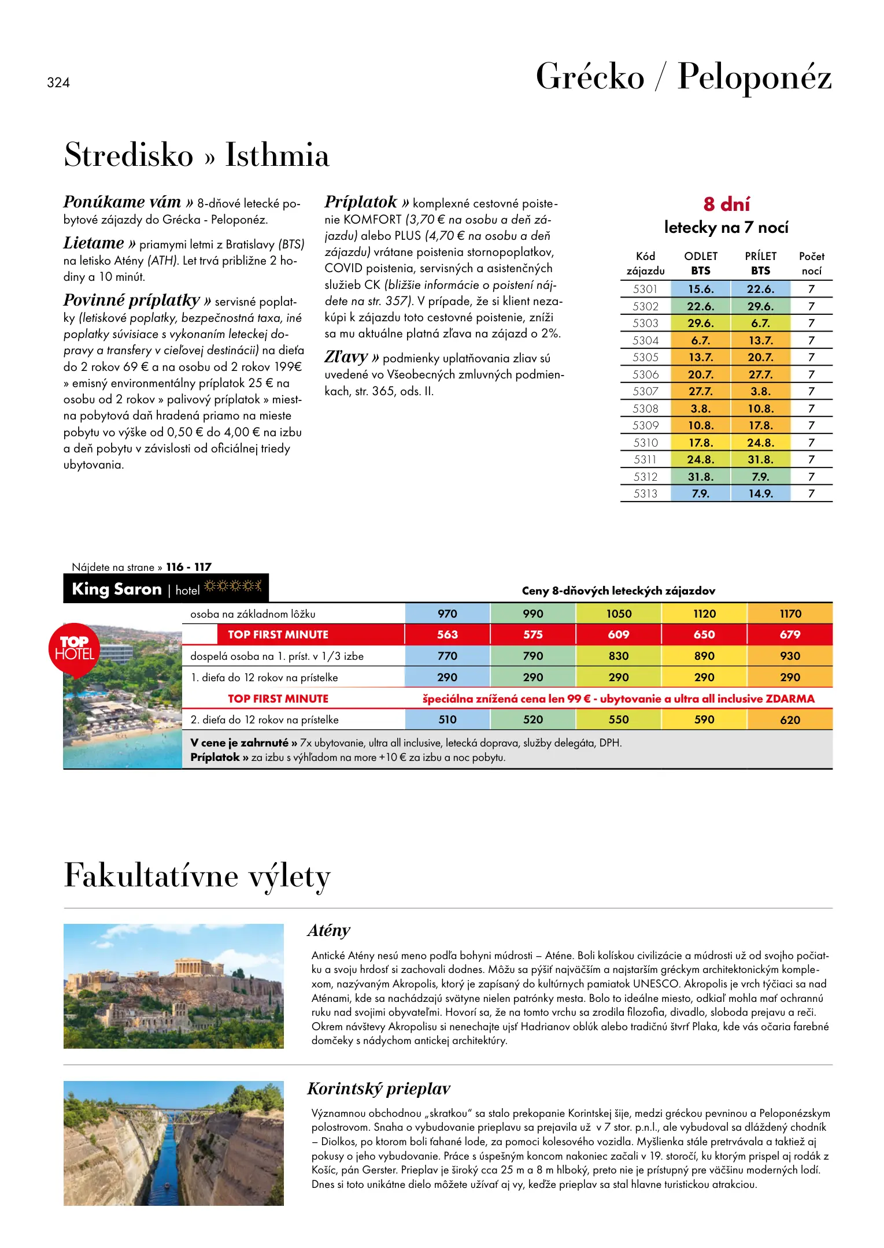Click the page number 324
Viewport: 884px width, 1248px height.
pyautogui.click(x=58, y=83)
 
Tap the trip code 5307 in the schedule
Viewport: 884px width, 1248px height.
pyautogui.click(x=645, y=391)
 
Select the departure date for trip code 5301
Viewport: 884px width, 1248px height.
pyautogui.click(x=701, y=289)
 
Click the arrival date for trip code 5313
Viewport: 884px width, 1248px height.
pyautogui.click(x=760, y=493)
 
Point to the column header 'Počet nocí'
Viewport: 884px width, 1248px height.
pyautogui.click(x=811, y=263)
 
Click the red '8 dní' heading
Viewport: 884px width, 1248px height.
pyautogui.click(x=727, y=204)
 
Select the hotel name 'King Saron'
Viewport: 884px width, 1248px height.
pyautogui.click(x=117, y=589)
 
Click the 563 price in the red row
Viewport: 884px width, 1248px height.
pyautogui.click(x=447, y=634)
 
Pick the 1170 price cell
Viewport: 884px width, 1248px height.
pyautogui.click(x=790, y=614)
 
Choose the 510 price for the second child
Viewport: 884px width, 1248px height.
pyautogui.click(x=447, y=719)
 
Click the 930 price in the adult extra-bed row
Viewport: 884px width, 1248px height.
pyautogui.click(x=790, y=656)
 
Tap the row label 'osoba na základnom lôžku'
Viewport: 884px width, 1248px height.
pyautogui.click(x=253, y=614)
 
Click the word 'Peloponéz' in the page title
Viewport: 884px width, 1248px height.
pyautogui.click(x=754, y=76)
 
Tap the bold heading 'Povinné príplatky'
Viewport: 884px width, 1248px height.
pyautogui.click(x=131, y=300)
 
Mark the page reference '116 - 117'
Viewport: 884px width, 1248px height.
pyautogui.click(x=188, y=567)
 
